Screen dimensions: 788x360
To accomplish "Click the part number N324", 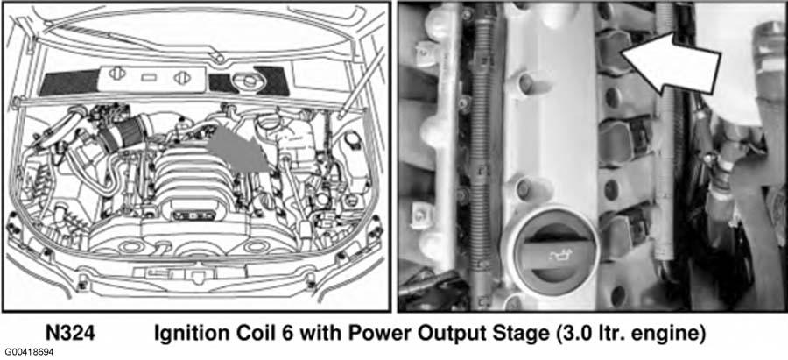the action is [70, 334].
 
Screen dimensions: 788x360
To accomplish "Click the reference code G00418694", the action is [30, 352].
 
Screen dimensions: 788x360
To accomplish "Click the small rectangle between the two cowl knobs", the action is [148, 78].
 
